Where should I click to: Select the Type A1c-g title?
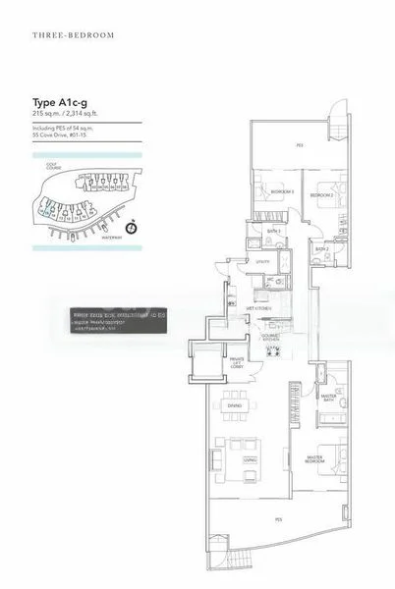(58, 100)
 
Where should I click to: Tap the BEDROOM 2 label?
(321, 196)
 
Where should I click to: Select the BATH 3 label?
(274, 232)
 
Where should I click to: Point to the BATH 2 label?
(321, 249)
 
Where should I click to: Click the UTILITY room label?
(262, 262)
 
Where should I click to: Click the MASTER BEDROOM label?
(316, 459)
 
